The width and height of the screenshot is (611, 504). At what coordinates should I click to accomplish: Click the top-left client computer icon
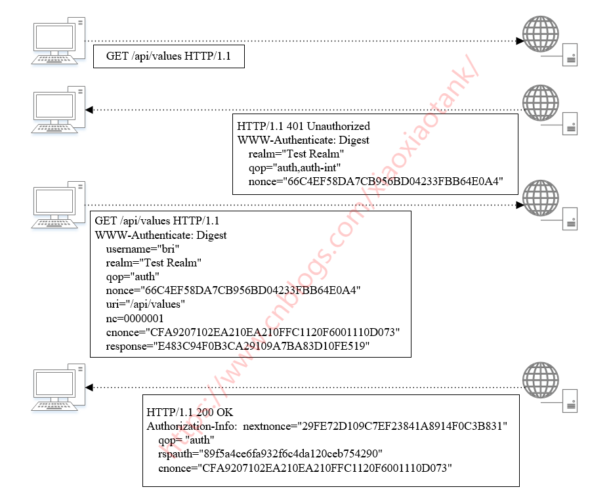point(58,41)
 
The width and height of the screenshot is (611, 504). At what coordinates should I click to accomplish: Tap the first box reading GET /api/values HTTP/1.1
point(168,57)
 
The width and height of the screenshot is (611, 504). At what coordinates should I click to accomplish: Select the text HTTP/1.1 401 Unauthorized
point(303,126)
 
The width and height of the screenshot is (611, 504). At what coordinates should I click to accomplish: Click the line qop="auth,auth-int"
point(295,167)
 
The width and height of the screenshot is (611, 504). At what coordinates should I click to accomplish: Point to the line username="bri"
point(142,249)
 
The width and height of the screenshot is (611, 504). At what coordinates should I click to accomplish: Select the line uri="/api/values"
point(146,304)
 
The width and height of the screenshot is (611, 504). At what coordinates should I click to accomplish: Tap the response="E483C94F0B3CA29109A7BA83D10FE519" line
point(238,346)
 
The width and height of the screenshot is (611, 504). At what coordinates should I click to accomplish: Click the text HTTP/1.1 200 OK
point(190,413)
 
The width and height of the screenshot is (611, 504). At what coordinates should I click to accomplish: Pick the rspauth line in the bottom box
point(270,454)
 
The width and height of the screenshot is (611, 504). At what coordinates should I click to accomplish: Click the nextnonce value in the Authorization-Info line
point(403,427)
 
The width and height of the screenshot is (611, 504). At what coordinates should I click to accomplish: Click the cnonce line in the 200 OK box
point(306,468)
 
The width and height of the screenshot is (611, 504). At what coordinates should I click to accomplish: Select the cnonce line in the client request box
point(253,332)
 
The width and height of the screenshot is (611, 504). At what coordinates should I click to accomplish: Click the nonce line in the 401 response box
point(375,181)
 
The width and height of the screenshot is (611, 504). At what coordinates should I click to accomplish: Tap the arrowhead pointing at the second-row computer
point(90,110)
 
